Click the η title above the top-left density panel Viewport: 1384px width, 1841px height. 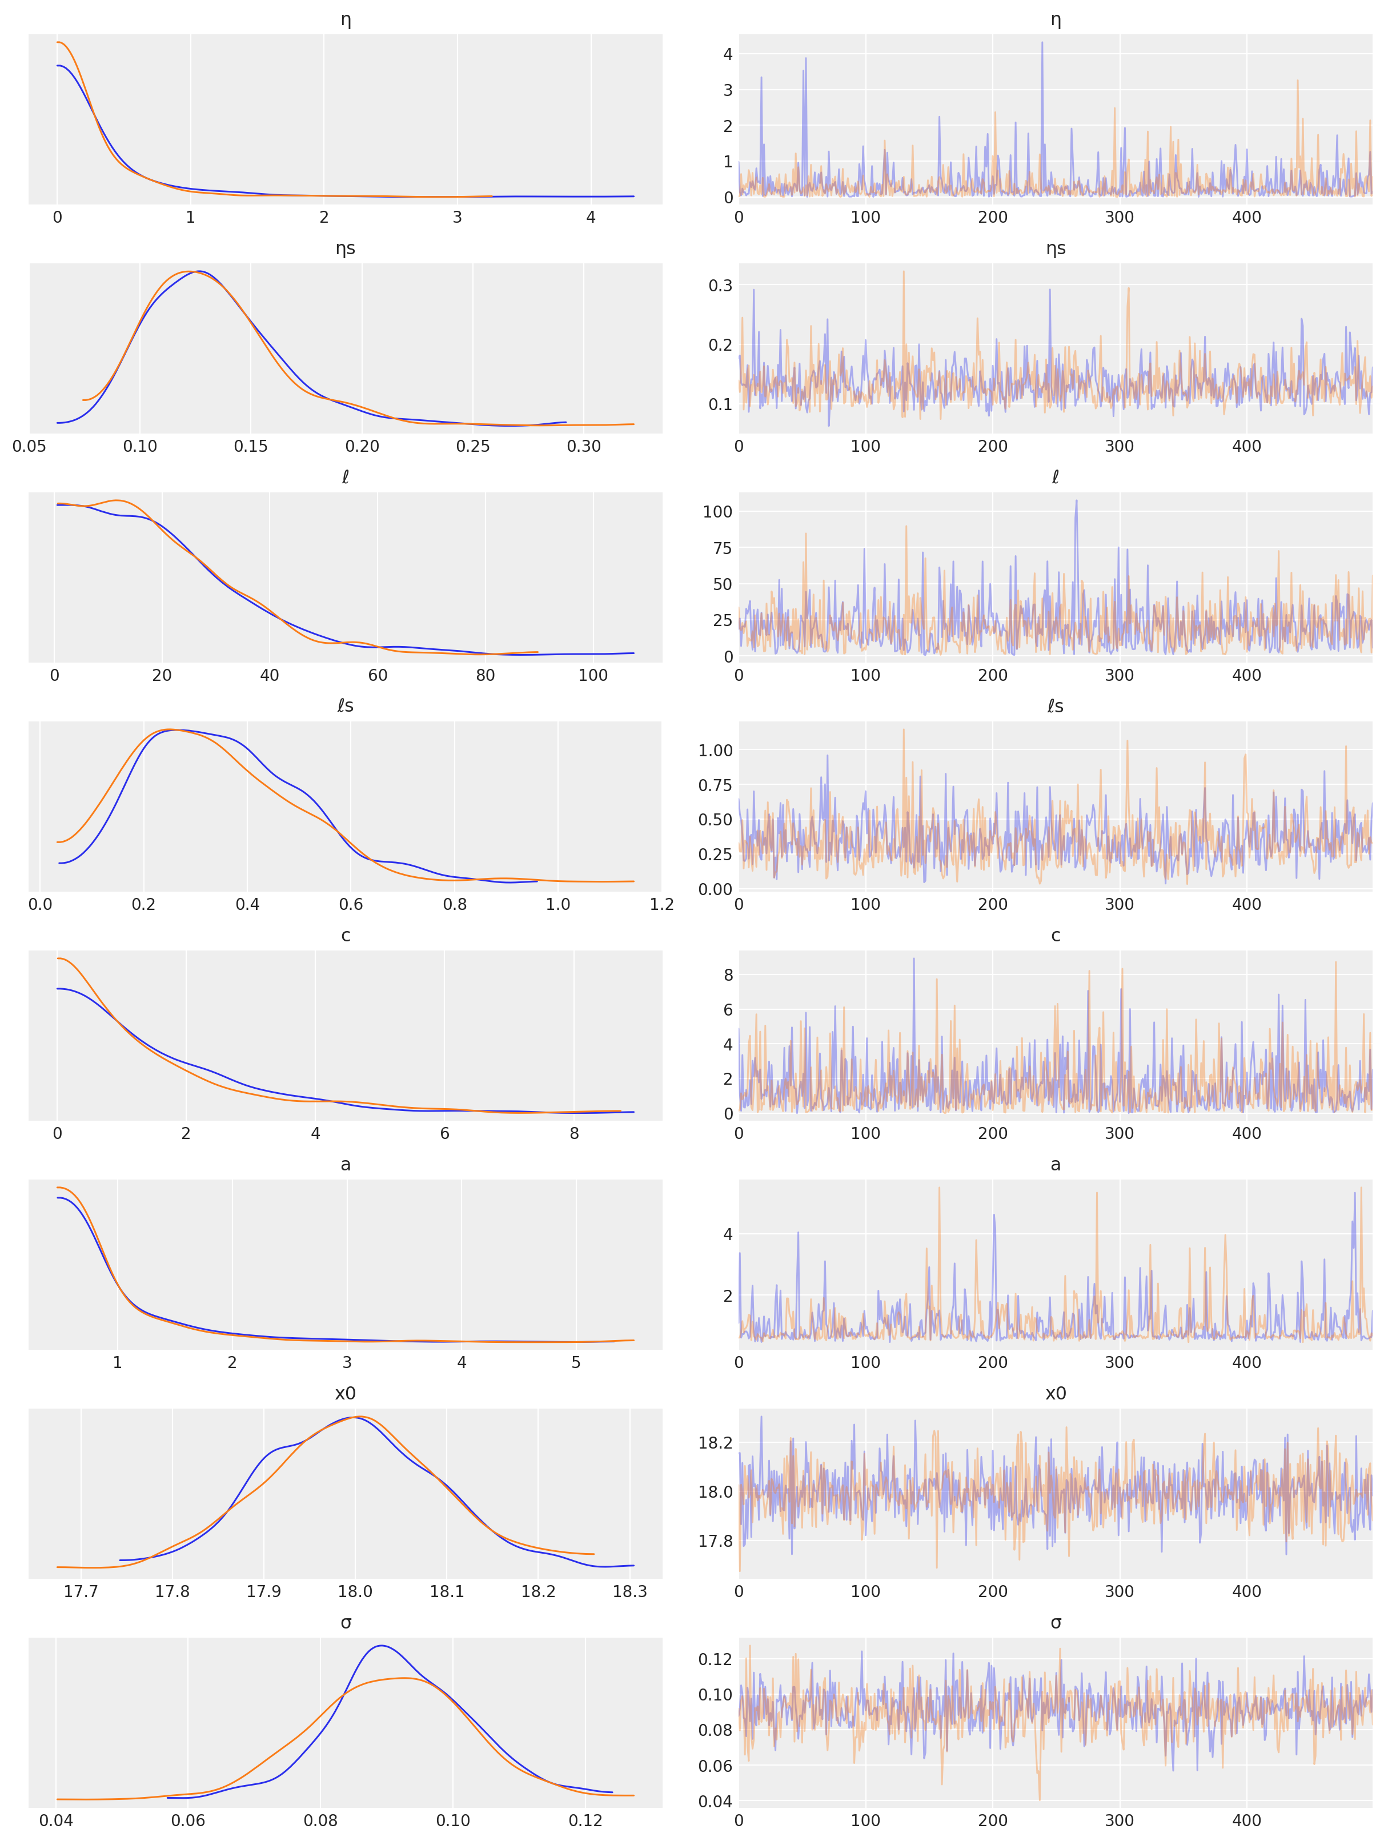click(346, 19)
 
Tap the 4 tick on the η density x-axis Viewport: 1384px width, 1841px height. click(591, 217)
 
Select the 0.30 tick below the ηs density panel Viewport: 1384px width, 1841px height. click(584, 446)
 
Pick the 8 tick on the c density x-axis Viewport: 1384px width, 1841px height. click(574, 1133)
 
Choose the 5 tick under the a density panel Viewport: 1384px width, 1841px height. click(576, 1362)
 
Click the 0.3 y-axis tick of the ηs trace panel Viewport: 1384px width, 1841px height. click(721, 286)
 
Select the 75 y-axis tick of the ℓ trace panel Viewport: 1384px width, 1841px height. click(723, 548)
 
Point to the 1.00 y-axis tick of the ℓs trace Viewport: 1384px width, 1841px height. click(716, 750)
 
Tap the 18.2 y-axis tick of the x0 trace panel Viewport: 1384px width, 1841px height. click(716, 1442)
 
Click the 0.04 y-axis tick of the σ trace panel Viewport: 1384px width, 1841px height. click(716, 1801)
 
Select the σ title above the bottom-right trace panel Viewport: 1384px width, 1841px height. click(1055, 1622)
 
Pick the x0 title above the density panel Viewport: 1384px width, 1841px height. click(346, 1393)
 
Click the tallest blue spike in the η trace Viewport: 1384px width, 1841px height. click(1042, 43)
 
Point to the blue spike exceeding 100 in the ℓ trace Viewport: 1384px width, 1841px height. click(1076, 501)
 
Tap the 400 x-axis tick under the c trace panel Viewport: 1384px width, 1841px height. click(1247, 1133)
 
